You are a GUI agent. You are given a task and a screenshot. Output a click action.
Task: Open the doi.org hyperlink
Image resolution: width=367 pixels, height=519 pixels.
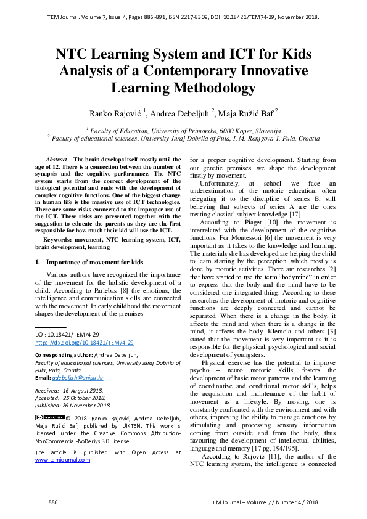click(x=85, y=342)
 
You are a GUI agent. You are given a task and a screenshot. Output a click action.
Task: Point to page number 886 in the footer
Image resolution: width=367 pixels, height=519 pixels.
click(x=53, y=503)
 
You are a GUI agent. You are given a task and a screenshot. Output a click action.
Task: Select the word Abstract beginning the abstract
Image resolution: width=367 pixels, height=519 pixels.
click(x=59, y=159)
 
